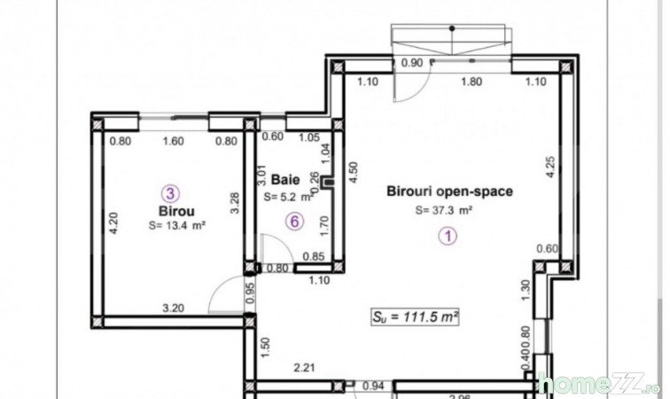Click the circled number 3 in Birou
[170, 193]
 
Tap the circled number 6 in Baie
[294, 222]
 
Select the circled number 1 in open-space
[448, 236]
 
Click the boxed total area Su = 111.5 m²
[415, 317]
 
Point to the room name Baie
[285, 180]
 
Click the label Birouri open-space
[449, 192]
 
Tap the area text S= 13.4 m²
[177, 225]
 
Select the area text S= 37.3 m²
[444, 210]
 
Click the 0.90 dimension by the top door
[412, 63]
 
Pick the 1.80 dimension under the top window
[471, 82]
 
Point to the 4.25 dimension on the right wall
[550, 167]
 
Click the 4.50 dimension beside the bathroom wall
[353, 172]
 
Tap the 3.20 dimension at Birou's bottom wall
[173, 308]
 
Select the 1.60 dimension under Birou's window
[173, 141]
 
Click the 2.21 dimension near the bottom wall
[304, 367]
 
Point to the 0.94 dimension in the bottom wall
[373, 386]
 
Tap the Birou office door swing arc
[219, 286]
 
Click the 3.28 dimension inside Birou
[235, 203]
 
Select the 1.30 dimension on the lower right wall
[526, 290]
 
